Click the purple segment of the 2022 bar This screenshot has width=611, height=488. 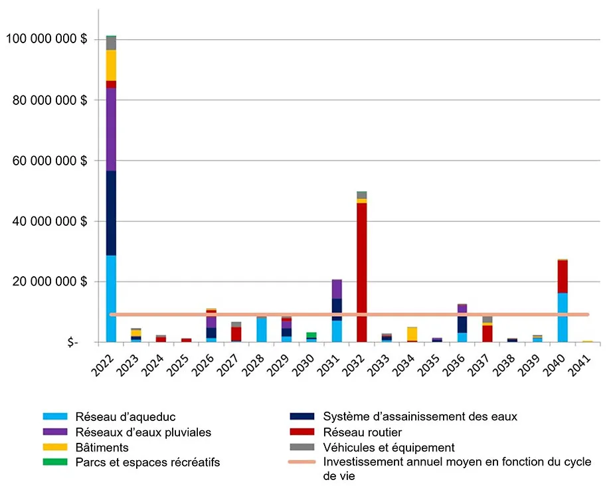tap(111, 129)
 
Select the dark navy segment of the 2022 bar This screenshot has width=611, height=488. tap(111, 213)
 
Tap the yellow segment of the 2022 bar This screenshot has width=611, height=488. tap(111, 65)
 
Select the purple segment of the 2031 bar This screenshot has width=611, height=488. tap(337, 289)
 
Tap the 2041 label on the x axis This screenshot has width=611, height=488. tap(584, 366)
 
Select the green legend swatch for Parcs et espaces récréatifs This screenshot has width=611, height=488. tap(51, 463)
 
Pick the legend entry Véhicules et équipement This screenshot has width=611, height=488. tap(389, 447)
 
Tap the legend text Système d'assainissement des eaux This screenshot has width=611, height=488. tap(420, 417)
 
